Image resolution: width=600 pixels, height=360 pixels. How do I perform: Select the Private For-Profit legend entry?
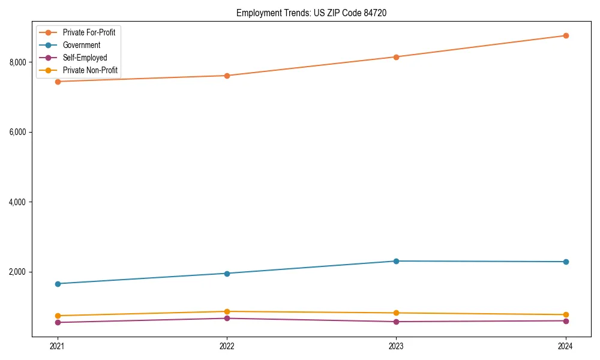point(89,32)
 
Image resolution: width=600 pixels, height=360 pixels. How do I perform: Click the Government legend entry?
point(81,45)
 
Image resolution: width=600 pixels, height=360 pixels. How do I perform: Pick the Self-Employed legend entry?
point(85,58)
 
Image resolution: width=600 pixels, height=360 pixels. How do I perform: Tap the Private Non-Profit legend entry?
point(90,71)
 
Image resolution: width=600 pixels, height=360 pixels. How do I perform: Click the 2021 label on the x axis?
point(58,346)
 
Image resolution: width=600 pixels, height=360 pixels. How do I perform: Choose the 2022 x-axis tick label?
point(227,346)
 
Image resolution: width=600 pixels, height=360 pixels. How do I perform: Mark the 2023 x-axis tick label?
point(396,346)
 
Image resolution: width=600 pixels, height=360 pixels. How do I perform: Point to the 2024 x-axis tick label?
point(566,346)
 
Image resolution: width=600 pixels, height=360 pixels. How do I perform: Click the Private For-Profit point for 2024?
point(566,35)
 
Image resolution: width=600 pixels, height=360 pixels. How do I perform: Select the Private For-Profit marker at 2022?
point(227,76)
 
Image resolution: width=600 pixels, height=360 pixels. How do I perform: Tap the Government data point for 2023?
point(396,261)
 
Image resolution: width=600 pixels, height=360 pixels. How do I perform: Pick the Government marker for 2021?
point(58,284)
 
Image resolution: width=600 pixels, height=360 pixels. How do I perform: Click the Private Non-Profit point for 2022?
point(227,311)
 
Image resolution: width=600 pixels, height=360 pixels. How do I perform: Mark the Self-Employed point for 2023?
point(396,322)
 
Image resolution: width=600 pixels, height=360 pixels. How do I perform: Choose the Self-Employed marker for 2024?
point(566,320)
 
